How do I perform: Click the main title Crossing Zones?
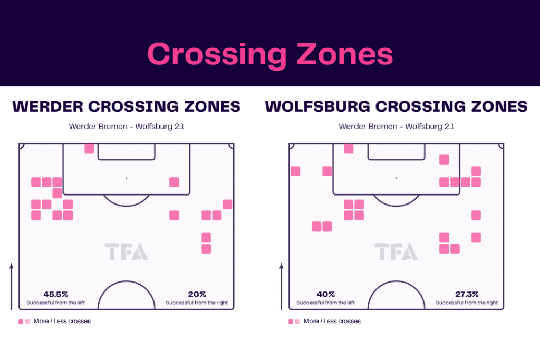pos(270,54)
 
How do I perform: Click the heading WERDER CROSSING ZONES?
pos(127,106)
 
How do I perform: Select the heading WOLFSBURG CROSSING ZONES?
pos(396,106)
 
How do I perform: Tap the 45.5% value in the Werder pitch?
pos(56,294)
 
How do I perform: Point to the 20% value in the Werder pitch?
pos(197,294)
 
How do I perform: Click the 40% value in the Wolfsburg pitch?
pos(326,294)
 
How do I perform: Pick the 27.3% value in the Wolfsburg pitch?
pos(467,294)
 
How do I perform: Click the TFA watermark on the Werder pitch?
pos(126,251)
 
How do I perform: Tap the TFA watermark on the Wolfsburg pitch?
pos(396,251)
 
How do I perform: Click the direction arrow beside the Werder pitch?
pos(12,286)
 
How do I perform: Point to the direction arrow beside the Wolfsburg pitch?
pos(282,286)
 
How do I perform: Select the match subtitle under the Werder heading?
pos(127,127)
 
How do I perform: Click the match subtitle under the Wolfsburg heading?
pos(397,127)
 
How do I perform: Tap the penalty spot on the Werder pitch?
pos(127,178)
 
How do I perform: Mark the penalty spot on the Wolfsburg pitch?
pos(397,178)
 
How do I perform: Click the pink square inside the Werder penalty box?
pos(174,182)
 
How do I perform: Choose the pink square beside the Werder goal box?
pos(89,149)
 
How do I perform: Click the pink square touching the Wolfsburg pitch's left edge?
pos(295,171)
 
